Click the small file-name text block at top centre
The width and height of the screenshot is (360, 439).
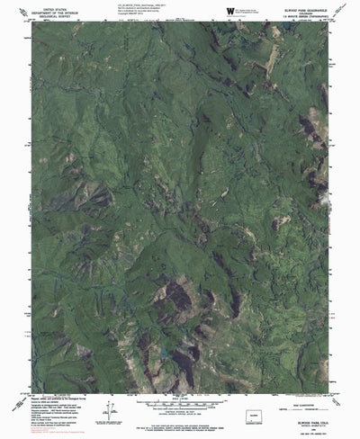click(x=135, y=9)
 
